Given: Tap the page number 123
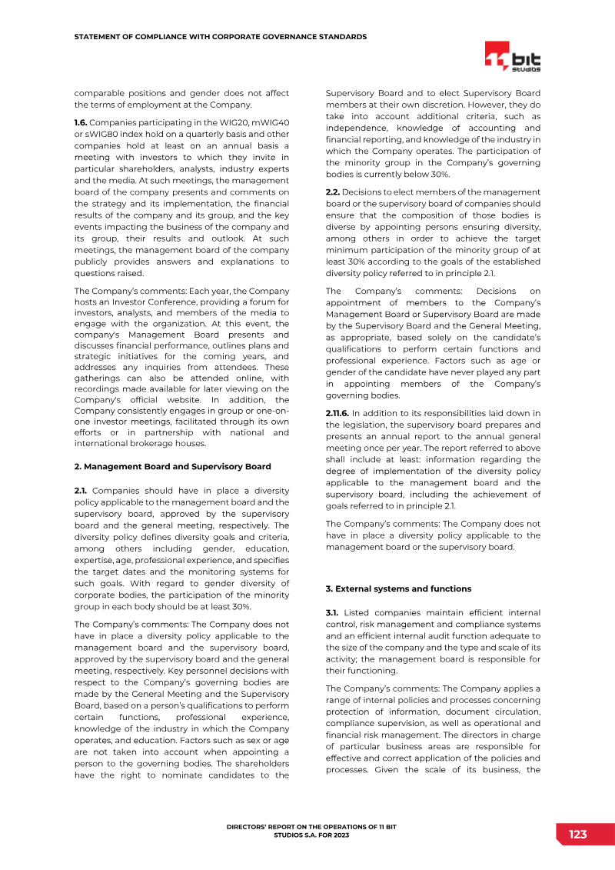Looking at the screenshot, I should coord(577,835).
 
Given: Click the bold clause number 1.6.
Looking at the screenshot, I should coord(82,122).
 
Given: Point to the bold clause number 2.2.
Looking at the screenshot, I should coord(333,191).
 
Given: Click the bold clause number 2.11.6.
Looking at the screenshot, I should coord(338,413).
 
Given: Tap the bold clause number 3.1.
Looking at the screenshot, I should coord(333,612).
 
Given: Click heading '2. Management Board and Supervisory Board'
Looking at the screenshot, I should coord(172,466).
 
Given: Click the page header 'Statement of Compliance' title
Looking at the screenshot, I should coord(220,37).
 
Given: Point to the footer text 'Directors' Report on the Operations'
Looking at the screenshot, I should coord(311,826).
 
